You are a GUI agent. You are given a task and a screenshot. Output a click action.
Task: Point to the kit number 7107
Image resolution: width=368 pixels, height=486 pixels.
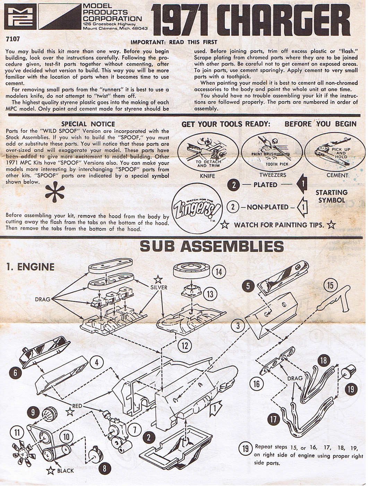click(13, 39)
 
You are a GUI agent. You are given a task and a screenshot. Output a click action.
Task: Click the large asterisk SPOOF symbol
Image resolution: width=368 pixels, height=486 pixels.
click(55, 194)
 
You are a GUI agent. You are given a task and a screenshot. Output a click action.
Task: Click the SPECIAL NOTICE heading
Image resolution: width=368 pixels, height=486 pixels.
click(88, 124)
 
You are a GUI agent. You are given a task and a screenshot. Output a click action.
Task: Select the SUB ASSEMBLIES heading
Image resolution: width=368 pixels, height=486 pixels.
click(212, 246)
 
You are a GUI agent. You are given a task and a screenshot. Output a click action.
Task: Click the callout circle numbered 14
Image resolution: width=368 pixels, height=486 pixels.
click(219, 272)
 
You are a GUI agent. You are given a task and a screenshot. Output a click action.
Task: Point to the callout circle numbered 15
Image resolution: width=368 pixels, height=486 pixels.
click(330, 285)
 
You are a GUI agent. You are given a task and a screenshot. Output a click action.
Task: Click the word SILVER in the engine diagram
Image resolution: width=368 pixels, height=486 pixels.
click(159, 287)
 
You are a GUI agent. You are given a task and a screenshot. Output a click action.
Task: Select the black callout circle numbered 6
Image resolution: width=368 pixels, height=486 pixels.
click(16, 373)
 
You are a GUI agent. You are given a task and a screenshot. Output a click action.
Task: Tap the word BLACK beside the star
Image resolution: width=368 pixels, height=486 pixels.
click(66, 471)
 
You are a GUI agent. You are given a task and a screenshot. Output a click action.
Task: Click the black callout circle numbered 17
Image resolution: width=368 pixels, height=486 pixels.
click(274, 419)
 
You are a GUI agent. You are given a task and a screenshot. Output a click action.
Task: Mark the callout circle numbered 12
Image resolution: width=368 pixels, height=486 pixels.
click(185, 345)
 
